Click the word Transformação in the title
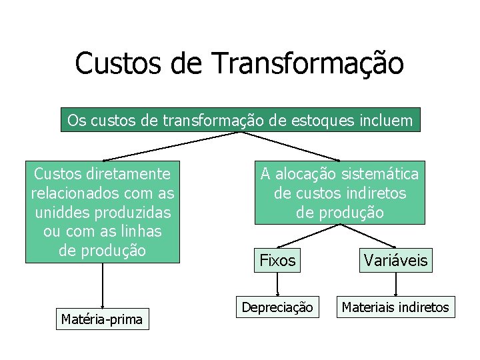click(x=307, y=63)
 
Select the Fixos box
click(x=277, y=260)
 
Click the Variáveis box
click(x=397, y=260)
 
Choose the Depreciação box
click(x=277, y=307)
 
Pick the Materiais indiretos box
click(x=396, y=307)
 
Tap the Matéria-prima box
click(x=102, y=319)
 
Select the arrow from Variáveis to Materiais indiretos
click(x=397, y=284)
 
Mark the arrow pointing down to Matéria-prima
click(x=102, y=287)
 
